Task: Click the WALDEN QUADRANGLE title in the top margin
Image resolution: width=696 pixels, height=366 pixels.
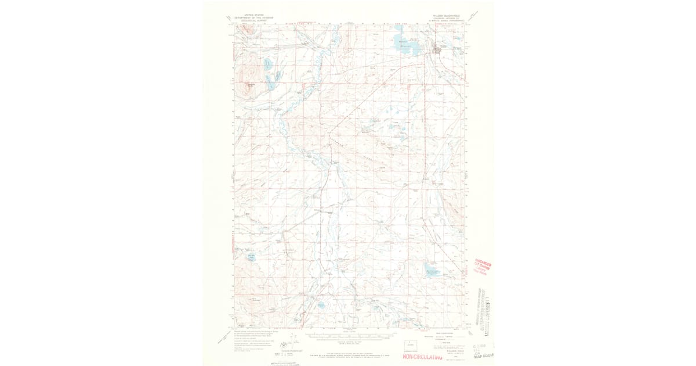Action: (447, 16)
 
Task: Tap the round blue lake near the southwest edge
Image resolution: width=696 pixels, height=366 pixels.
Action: (252, 256)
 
